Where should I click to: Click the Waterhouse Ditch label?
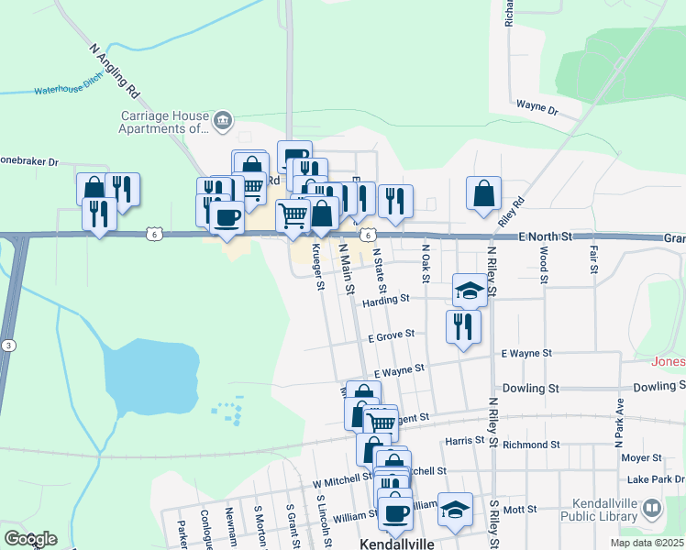(x=64, y=89)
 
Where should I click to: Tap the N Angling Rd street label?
(x=115, y=71)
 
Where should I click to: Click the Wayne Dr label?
(x=537, y=107)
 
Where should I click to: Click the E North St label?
(x=545, y=236)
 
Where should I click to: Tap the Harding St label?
(x=385, y=299)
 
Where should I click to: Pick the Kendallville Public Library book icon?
(x=651, y=507)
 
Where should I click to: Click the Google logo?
(x=30, y=538)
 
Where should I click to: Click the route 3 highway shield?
(x=8, y=345)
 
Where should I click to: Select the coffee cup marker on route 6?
(x=227, y=218)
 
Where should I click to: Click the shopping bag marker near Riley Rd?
(x=483, y=193)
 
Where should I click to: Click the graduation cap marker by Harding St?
(x=470, y=291)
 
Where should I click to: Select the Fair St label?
(x=593, y=259)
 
